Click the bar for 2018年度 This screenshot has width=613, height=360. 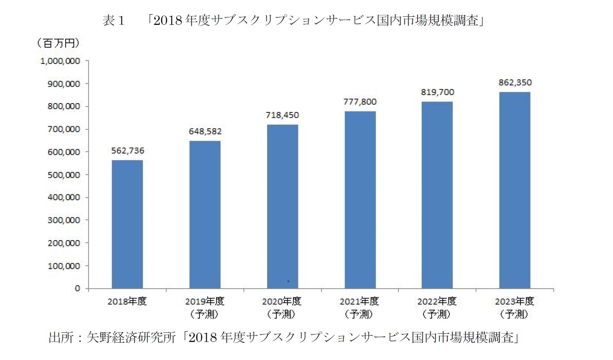click(x=127, y=224)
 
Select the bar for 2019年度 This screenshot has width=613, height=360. click(x=205, y=215)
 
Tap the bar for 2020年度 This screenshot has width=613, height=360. click(x=282, y=206)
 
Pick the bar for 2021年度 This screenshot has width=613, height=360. click(x=360, y=200)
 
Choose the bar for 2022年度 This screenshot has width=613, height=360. click(x=437, y=195)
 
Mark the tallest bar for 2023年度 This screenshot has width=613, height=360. click(x=515, y=190)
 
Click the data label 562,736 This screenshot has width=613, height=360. click(x=128, y=151)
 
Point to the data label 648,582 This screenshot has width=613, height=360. click(x=205, y=132)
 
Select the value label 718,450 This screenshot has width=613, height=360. click(x=282, y=115)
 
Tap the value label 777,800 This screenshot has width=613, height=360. click(x=360, y=102)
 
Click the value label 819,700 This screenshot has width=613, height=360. click(x=437, y=92)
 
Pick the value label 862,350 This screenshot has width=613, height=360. click(x=515, y=83)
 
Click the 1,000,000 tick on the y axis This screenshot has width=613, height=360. click(x=60, y=61)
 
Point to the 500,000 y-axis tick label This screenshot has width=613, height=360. click(x=64, y=175)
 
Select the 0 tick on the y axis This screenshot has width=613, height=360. click(x=77, y=288)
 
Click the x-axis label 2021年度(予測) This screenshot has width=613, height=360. click(x=359, y=308)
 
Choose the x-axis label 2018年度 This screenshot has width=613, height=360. click(x=127, y=301)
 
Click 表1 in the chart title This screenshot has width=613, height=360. click(x=114, y=21)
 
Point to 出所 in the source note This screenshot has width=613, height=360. click(x=61, y=337)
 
